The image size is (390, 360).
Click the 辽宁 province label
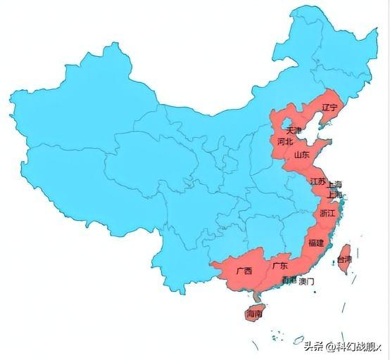coord(329,108)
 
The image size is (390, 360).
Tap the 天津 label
coord(294,131)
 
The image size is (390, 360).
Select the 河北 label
coord(285,141)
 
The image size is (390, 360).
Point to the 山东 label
coord(301,155)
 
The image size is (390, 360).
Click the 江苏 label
coord(317,181)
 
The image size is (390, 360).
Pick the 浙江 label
coord(328,212)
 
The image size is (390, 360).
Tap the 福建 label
coord(316,243)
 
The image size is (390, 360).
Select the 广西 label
coord(244,270)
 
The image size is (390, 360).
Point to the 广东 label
coord(279,266)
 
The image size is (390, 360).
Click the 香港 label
coord(289,281)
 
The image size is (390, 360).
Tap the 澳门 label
coord(306,281)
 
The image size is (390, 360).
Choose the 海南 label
coord(254,314)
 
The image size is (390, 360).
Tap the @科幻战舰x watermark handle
coord(355,346)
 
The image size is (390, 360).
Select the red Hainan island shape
coord(253,312)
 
